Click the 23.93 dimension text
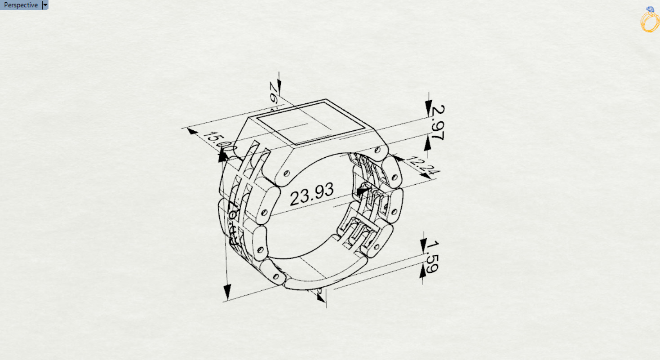pos(312,195)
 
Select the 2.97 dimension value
pos(437,123)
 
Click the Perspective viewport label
pos(21,5)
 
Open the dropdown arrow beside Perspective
pos(45,5)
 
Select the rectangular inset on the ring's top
pos(310,123)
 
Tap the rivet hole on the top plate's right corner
pos(378,149)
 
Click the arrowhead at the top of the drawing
pos(279,85)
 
